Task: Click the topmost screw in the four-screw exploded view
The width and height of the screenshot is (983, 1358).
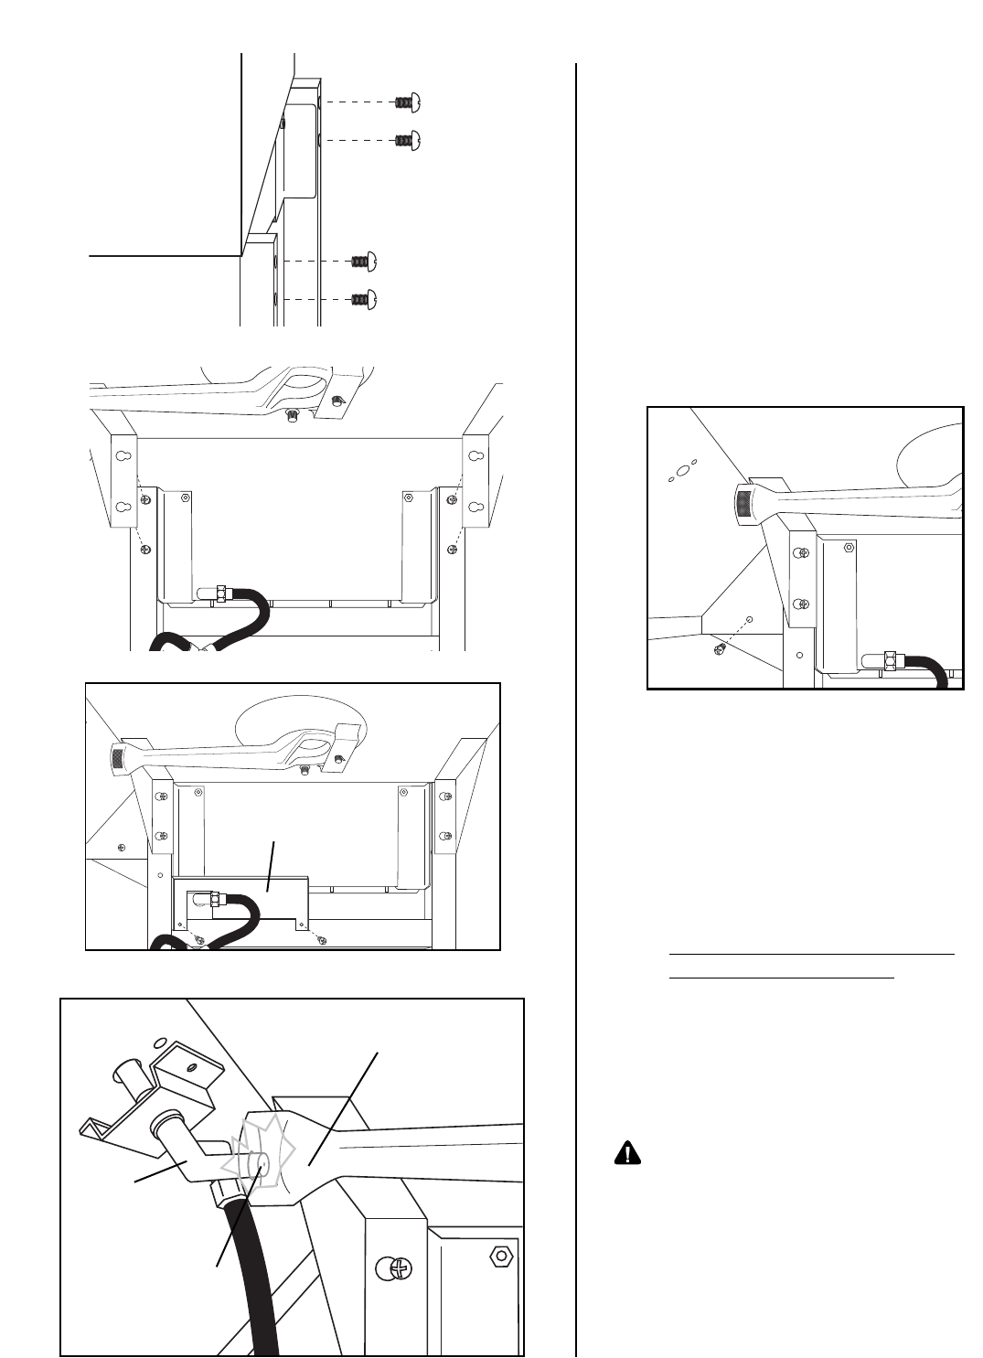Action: point(407,103)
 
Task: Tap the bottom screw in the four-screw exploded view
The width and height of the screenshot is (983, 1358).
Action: point(365,298)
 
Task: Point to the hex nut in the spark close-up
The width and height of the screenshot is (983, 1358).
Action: point(500,1254)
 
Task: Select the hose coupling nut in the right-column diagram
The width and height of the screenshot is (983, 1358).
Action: point(890,660)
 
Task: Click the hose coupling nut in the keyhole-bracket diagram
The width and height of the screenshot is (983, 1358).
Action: point(221,593)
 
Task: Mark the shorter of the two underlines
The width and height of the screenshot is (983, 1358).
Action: point(782,977)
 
